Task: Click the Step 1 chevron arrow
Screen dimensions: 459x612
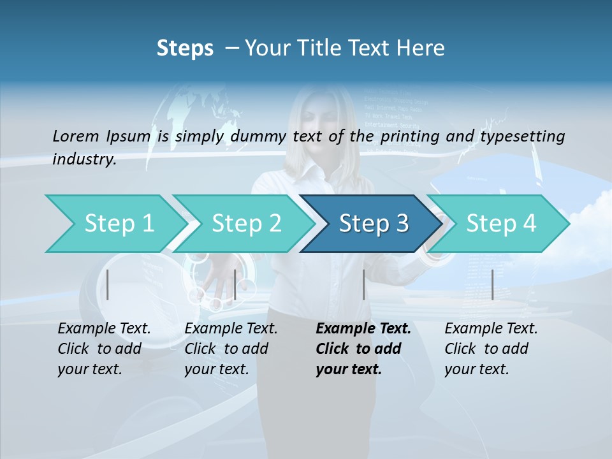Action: coord(115,224)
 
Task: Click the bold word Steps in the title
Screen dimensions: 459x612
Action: coord(185,48)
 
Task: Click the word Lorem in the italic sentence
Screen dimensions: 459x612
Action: coord(76,136)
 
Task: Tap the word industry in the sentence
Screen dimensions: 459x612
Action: coord(84,159)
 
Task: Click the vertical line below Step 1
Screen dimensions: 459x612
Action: coord(108,284)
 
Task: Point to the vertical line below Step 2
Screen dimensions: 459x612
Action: coord(235,284)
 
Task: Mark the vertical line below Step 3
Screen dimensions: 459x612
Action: coord(364,284)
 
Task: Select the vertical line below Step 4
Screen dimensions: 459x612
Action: coord(493,284)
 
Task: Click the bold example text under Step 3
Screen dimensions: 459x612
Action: coord(363,349)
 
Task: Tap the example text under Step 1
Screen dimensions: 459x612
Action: coord(103,349)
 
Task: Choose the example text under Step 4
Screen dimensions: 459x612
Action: coord(490,349)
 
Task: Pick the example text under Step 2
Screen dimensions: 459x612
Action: coord(230,349)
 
